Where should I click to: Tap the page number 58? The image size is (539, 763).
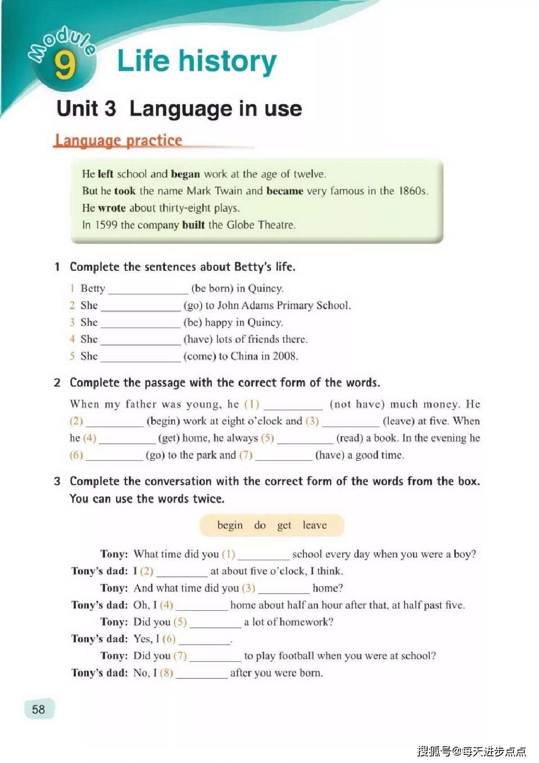(39, 709)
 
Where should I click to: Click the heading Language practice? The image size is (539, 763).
(118, 140)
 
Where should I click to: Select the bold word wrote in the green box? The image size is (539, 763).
(111, 208)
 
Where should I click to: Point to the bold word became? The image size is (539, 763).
(284, 191)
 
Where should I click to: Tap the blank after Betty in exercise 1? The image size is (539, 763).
(148, 289)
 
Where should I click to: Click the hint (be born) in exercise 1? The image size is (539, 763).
(212, 288)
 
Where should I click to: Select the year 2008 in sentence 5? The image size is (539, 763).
(285, 356)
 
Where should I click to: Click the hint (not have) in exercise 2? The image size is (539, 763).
(357, 404)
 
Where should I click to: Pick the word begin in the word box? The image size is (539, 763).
(230, 525)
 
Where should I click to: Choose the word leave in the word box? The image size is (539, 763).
(314, 525)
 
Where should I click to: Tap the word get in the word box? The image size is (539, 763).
(284, 526)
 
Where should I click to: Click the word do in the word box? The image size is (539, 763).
(260, 525)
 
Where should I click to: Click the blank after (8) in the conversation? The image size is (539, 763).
(202, 673)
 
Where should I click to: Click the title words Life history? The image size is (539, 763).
(197, 62)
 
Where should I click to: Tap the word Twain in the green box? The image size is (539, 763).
(229, 191)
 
